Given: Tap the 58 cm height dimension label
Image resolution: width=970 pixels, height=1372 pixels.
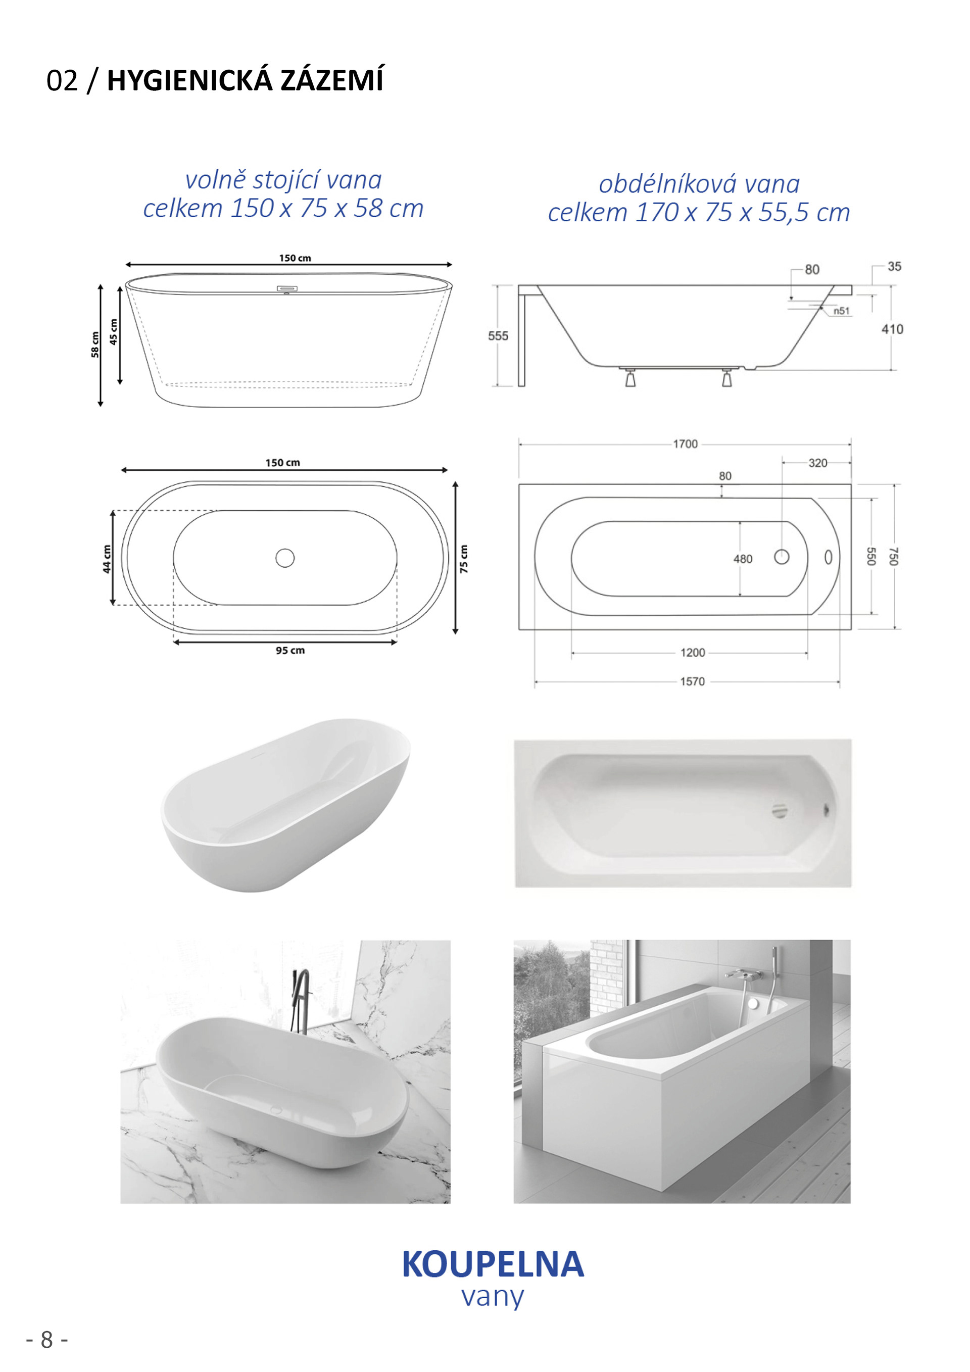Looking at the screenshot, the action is tap(95, 345).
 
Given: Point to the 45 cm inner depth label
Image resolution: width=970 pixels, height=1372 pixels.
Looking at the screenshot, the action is tap(114, 332).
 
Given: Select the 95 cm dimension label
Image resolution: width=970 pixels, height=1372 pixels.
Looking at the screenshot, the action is tap(290, 650).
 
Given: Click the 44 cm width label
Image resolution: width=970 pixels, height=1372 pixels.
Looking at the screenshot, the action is tap(107, 558).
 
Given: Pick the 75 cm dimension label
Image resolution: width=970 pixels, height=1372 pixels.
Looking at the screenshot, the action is tap(464, 559).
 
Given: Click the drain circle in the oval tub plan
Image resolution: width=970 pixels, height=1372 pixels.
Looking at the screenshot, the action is tap(284, 558).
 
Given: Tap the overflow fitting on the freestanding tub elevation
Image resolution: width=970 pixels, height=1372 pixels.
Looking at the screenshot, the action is tap(287, 290).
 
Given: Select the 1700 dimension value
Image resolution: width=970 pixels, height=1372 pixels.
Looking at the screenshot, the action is tap(685, 444).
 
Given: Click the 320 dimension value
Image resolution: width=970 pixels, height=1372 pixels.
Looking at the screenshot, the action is tap(817, 463).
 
